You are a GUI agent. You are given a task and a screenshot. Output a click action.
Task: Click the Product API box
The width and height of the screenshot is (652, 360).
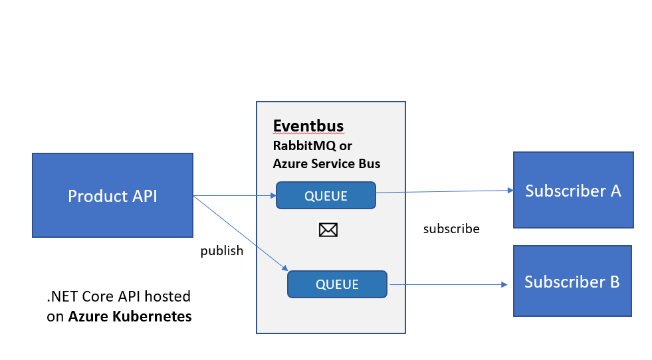point(112,195)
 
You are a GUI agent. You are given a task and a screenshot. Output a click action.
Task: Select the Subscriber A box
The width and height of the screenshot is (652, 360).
point(573,190)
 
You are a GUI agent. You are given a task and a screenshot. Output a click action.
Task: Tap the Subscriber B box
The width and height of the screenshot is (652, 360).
point(572,280)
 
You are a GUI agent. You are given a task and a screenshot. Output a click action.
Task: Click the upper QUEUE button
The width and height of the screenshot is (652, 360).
point(326,196)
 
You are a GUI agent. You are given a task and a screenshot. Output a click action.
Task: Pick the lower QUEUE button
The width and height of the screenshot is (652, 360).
point(337,284)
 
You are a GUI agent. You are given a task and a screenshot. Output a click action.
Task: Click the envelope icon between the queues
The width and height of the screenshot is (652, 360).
point(328,230)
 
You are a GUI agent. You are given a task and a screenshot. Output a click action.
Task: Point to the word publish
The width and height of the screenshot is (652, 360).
point(222,251)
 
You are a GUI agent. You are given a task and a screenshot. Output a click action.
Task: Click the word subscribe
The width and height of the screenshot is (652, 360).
point(451,229)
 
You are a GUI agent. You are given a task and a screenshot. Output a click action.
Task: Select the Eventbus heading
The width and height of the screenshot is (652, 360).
point(308,126)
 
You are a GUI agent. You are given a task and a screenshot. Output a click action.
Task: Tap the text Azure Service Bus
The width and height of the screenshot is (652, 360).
point(326,163)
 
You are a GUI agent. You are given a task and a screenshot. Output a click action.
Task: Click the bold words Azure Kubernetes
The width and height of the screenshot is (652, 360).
point(130,316)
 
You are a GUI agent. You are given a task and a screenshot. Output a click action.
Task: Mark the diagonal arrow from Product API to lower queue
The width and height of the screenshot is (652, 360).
point(239,232)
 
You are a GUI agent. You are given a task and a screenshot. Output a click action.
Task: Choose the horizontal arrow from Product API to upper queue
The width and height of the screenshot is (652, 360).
point(233,195)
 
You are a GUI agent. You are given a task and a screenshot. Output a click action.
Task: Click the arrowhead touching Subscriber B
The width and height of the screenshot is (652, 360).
point(504,285)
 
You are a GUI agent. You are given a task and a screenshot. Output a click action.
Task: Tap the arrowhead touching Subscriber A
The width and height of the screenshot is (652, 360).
point(510,190)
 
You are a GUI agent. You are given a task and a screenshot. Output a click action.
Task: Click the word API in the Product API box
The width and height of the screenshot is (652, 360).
point(144,196)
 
